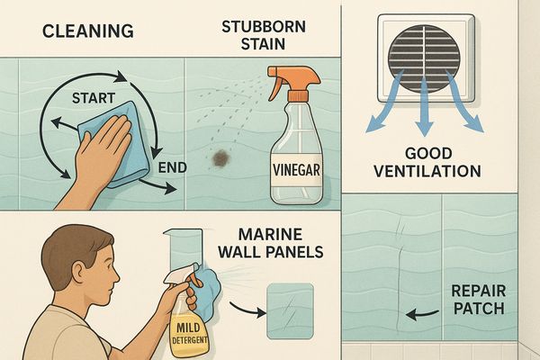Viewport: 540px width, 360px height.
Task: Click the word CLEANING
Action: pyautogui.click(x=88, y=31)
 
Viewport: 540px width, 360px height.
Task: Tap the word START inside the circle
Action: pyautogui.click(x=94, y=98)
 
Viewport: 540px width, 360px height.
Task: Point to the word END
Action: pyautogui.click(x=173, y=167)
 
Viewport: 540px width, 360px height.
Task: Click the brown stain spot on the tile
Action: pyautogui.click(x=220, y=158)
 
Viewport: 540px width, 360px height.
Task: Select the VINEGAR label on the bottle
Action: pyautogui.click(x=296, y=170)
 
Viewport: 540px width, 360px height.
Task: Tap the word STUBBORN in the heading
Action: pyautogui.click(x=264, y=27)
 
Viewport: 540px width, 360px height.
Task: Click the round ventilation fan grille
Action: pyautogui.click(x=424, y=58)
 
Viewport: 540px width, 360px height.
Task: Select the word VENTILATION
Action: pyautogui.click(x=427, y=171)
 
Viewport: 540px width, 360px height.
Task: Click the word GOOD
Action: pyautogui.click(x=428, y=154)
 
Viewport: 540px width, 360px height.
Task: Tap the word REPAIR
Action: pyautogui.click(x=479, y=291)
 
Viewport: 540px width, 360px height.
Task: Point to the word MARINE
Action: pyautogui.click(x=270, y=235)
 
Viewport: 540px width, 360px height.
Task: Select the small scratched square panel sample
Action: pyautogui.click(x=291, y=310)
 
